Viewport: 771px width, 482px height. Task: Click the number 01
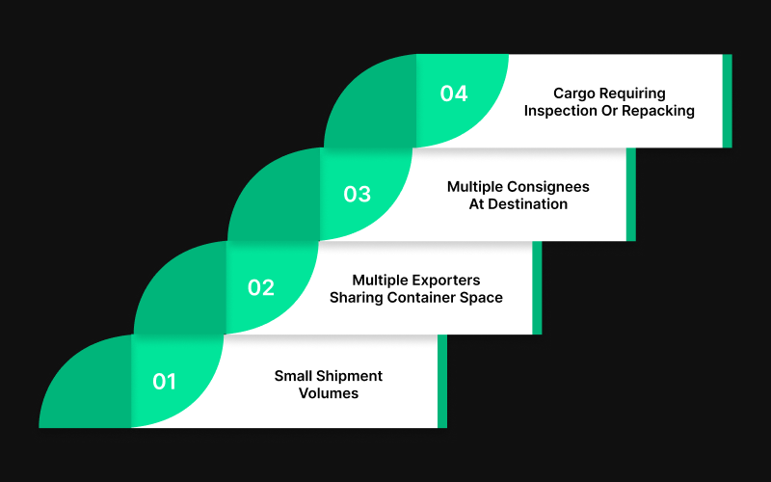point(165,382)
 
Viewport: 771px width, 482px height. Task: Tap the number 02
point(261,288)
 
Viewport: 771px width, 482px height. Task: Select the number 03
point(358,195)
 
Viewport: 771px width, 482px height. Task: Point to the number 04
point(454,94)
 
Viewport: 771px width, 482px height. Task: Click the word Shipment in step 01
point(348,376)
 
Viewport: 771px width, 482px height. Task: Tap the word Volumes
point(329,393)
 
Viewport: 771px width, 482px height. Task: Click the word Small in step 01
point(293,376)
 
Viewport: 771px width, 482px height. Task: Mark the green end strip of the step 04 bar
point(727,101)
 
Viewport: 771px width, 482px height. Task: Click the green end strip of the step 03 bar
point(631,195)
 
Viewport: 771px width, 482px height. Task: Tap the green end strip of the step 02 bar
point(537,288)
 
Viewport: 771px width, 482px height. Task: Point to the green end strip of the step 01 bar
point(442,382)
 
